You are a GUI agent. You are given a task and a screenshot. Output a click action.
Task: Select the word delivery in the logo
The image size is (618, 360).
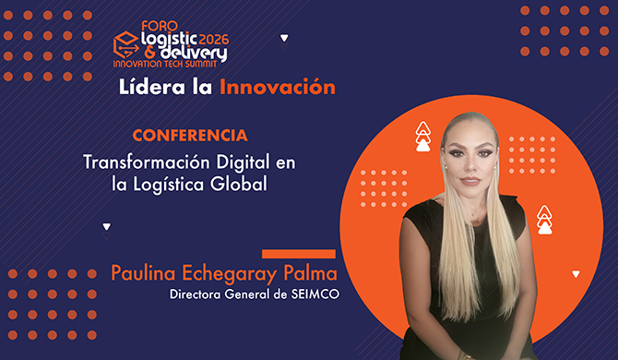[184, 54]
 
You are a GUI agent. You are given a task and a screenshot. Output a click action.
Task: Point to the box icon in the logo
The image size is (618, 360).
[125, 40]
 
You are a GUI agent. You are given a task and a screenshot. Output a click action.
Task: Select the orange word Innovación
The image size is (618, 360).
[277, 89]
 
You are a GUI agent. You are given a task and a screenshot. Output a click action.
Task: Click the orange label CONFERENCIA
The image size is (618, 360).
[189, 135]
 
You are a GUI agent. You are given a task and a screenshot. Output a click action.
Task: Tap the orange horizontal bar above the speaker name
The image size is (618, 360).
[299, 253]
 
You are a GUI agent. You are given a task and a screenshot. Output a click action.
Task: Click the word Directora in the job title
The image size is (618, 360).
[197, 295]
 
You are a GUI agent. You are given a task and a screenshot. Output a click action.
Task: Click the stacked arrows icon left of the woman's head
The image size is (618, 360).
[423, 136]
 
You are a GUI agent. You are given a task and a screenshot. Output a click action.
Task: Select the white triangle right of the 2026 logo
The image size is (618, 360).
[284, 39]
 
